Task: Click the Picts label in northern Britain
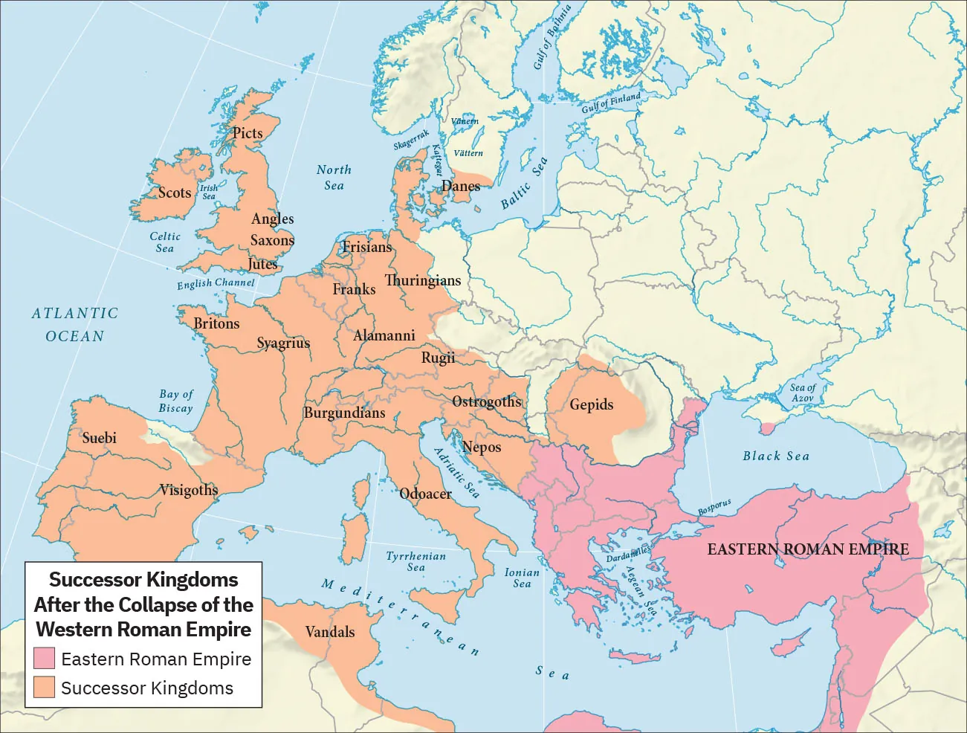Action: click(248, 133)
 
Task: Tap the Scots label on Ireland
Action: click(175, 193)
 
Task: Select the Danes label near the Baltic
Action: click(461, 186)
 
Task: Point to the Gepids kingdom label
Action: click(592, 404)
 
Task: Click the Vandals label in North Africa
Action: click(330, 632)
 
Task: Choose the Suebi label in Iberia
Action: click(99, 438)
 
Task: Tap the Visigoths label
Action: click(189, 490)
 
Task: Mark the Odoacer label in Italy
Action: click(425, 494)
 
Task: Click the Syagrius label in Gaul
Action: click(283, 343)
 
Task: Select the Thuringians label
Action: click(422, 280)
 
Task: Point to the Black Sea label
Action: click(776, 456)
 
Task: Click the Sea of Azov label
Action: click(803, 393)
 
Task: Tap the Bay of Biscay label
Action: click(176, 401)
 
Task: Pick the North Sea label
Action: click(334, 178)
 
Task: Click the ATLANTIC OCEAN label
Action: click(75, 325)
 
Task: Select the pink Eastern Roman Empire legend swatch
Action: click(45, 659)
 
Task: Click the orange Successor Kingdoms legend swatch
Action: click(45, 688)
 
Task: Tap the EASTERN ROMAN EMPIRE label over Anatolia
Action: click(808, 549)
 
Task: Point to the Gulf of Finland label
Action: click(611, 103)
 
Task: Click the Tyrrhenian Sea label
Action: click(416, 561)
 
